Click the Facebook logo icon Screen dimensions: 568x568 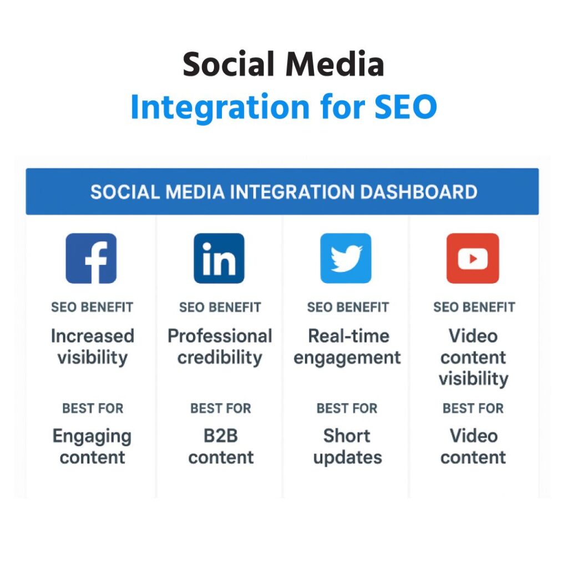(x=92, y=258)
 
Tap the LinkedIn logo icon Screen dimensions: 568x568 (x=219, y=258)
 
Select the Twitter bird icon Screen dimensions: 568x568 (x=346, y=258)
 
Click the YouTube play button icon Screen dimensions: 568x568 (x=473, y=258)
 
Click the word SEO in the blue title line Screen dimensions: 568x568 (x=405, y=107)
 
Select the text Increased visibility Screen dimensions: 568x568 (x=92, y=347)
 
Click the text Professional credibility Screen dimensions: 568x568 (x=220, y=347)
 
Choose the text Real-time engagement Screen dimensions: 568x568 (x=347, y=347)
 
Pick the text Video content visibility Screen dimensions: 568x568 (x=473, y=357)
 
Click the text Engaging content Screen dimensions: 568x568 (x=92, y=447)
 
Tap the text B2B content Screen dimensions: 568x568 (x=221, y=447)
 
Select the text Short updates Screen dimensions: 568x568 (x=347, y=447)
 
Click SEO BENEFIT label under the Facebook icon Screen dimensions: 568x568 (x=92, y=307)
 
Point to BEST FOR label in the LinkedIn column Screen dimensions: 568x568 (x=221, y=409)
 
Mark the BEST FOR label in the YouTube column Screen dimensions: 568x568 (x=473, y=409)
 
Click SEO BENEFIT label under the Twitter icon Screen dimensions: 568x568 (x=348, y=307)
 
